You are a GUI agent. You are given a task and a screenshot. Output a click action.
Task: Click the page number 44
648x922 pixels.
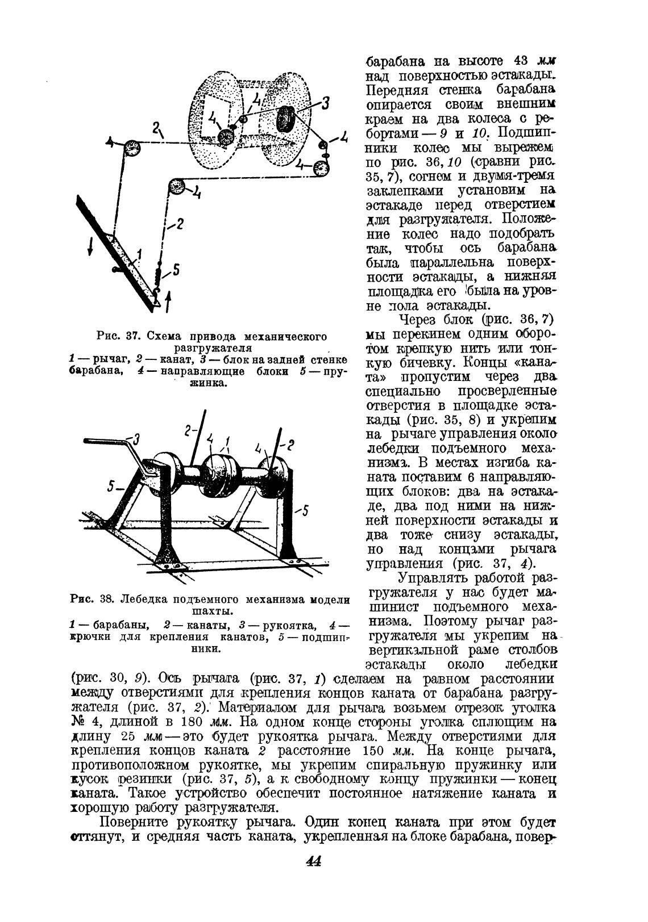click(313, 861)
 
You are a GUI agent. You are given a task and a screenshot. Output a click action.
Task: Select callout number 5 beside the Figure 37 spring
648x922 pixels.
click(176, 271)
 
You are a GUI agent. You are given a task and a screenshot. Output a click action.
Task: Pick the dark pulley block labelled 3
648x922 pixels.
click(286, 120)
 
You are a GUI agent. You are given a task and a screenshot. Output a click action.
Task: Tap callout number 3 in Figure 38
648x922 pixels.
click(136, 438)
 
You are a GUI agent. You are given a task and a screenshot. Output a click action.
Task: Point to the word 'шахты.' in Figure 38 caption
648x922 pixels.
click(210, 612)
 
